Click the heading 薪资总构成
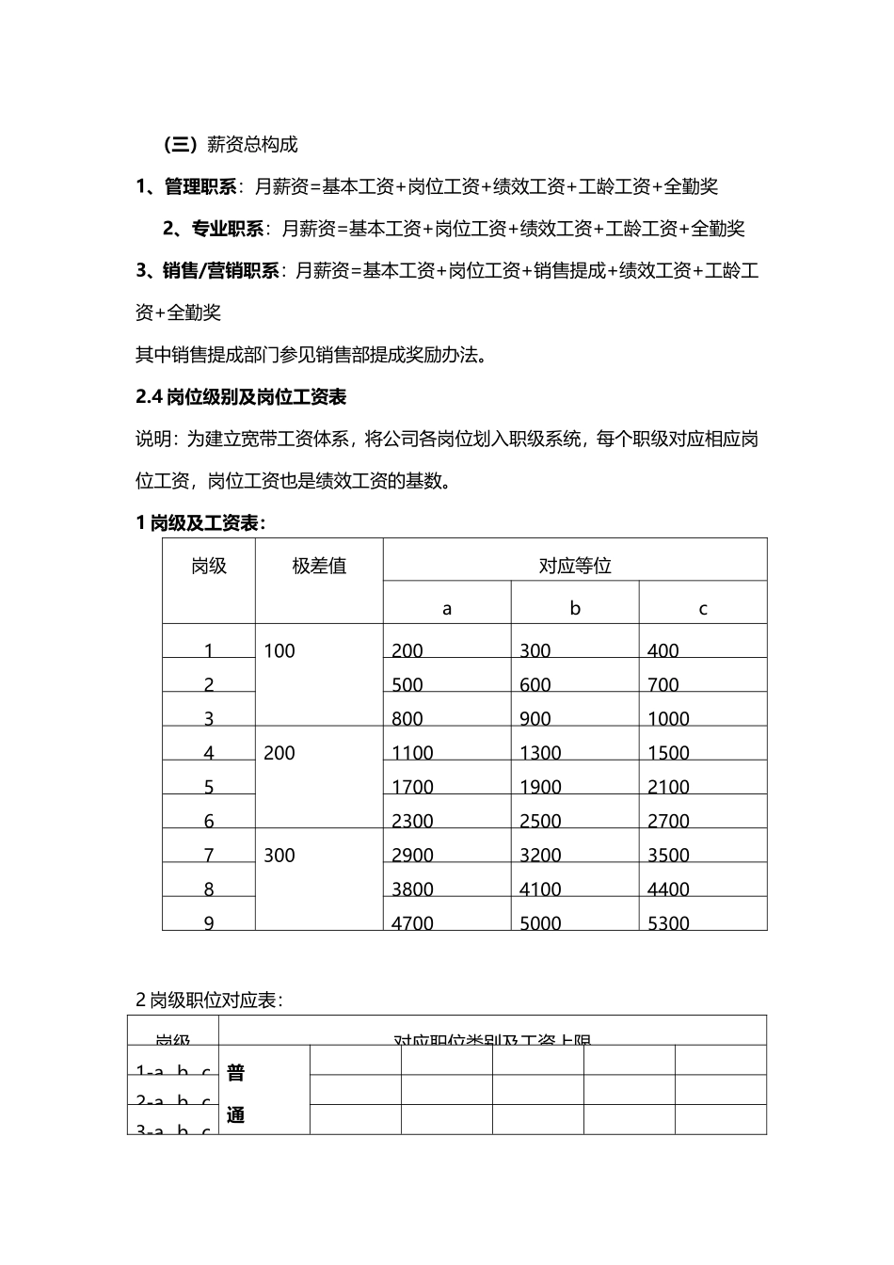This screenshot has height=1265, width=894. [x=252, y=145]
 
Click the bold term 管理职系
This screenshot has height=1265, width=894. [x=200, y=186]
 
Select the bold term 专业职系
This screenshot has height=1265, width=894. [x=228, y=228]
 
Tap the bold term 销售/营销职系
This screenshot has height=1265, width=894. [x=220, y=271]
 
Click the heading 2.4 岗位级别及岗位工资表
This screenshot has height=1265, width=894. [x=241, y=397]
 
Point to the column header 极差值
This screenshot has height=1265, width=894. [x=319, y=566]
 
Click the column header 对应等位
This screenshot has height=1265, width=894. [x=575, y=566]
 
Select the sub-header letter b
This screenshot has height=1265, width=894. [x=575, y=608]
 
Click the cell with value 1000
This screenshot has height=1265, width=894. [x=668, y=718]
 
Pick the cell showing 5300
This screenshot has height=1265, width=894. [x=668, y=922]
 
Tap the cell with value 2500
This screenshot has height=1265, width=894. [x=540, y=821]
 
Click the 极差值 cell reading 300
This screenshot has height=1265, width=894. [x=279, y=855]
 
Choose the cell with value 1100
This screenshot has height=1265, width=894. [x=412, y=753]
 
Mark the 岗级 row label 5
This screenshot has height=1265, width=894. [x=209, y=787]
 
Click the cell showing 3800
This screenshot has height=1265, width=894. [x=412, y=889]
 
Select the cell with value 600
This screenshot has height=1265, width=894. [x=535, y=684]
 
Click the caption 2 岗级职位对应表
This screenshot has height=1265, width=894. [x=209, y=1001]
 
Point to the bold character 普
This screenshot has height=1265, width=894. [x=236, y=1072]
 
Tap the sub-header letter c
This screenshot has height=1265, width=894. [x=703, y=608]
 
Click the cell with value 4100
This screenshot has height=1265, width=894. [x=540, y=889]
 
